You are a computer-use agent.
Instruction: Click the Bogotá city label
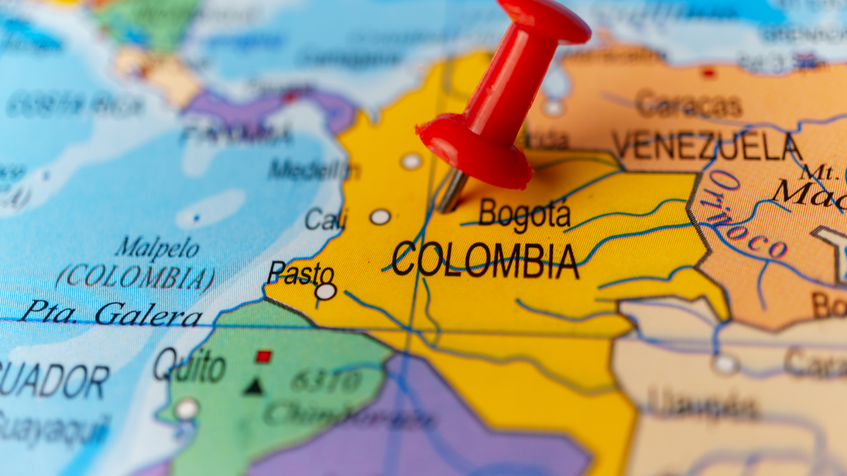pos(524,214)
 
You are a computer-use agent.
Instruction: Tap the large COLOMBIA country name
pos(486,260)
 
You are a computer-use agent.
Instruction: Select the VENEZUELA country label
pos(706,147)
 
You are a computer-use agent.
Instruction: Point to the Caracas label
pos(688,106)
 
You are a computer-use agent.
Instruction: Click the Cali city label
pos(325,219)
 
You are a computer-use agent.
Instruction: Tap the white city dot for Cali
pos(380,216)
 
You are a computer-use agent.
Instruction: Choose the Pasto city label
pos(301,271)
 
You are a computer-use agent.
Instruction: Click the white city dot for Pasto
pos(325,291)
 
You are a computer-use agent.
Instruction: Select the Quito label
pos(189,366)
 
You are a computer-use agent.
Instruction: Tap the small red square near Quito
pos(263,356)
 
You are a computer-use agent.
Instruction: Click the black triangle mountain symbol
pos(254,386)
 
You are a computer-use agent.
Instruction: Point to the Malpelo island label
pos(157,249)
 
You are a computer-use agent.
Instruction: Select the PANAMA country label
pos(236,134)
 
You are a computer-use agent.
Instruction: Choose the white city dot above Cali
pos(411,161)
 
